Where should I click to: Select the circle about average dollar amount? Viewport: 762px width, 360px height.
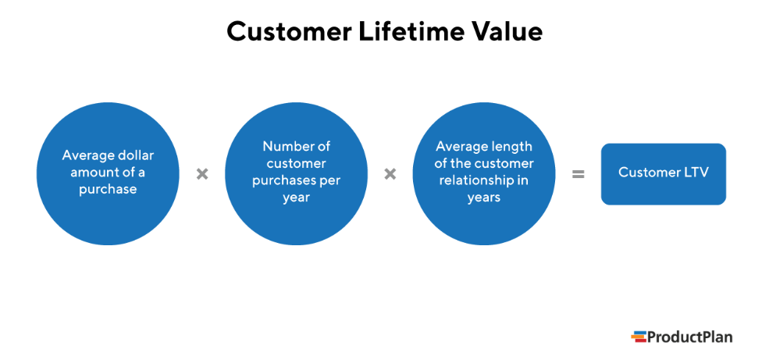(x=108, y=173)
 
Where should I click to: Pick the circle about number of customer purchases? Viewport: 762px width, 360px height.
(x=296, y=173)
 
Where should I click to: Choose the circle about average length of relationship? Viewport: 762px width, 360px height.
(x=484, y=173)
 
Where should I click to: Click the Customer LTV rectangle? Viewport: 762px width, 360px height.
(x=663, y=173)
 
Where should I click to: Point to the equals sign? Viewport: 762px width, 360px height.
(x=578, y=174)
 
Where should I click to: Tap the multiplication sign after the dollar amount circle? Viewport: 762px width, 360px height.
(x=202, y=174)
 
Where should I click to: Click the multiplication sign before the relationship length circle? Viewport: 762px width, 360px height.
(x=390, y=174)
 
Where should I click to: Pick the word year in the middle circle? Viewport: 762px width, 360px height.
(x=296, y=198)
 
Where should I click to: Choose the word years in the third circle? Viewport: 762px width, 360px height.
(x=484, y=198)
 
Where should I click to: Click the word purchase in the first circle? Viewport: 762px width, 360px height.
(x=108, y=190)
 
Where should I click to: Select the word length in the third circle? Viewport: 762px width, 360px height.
(x=515, y=146)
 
